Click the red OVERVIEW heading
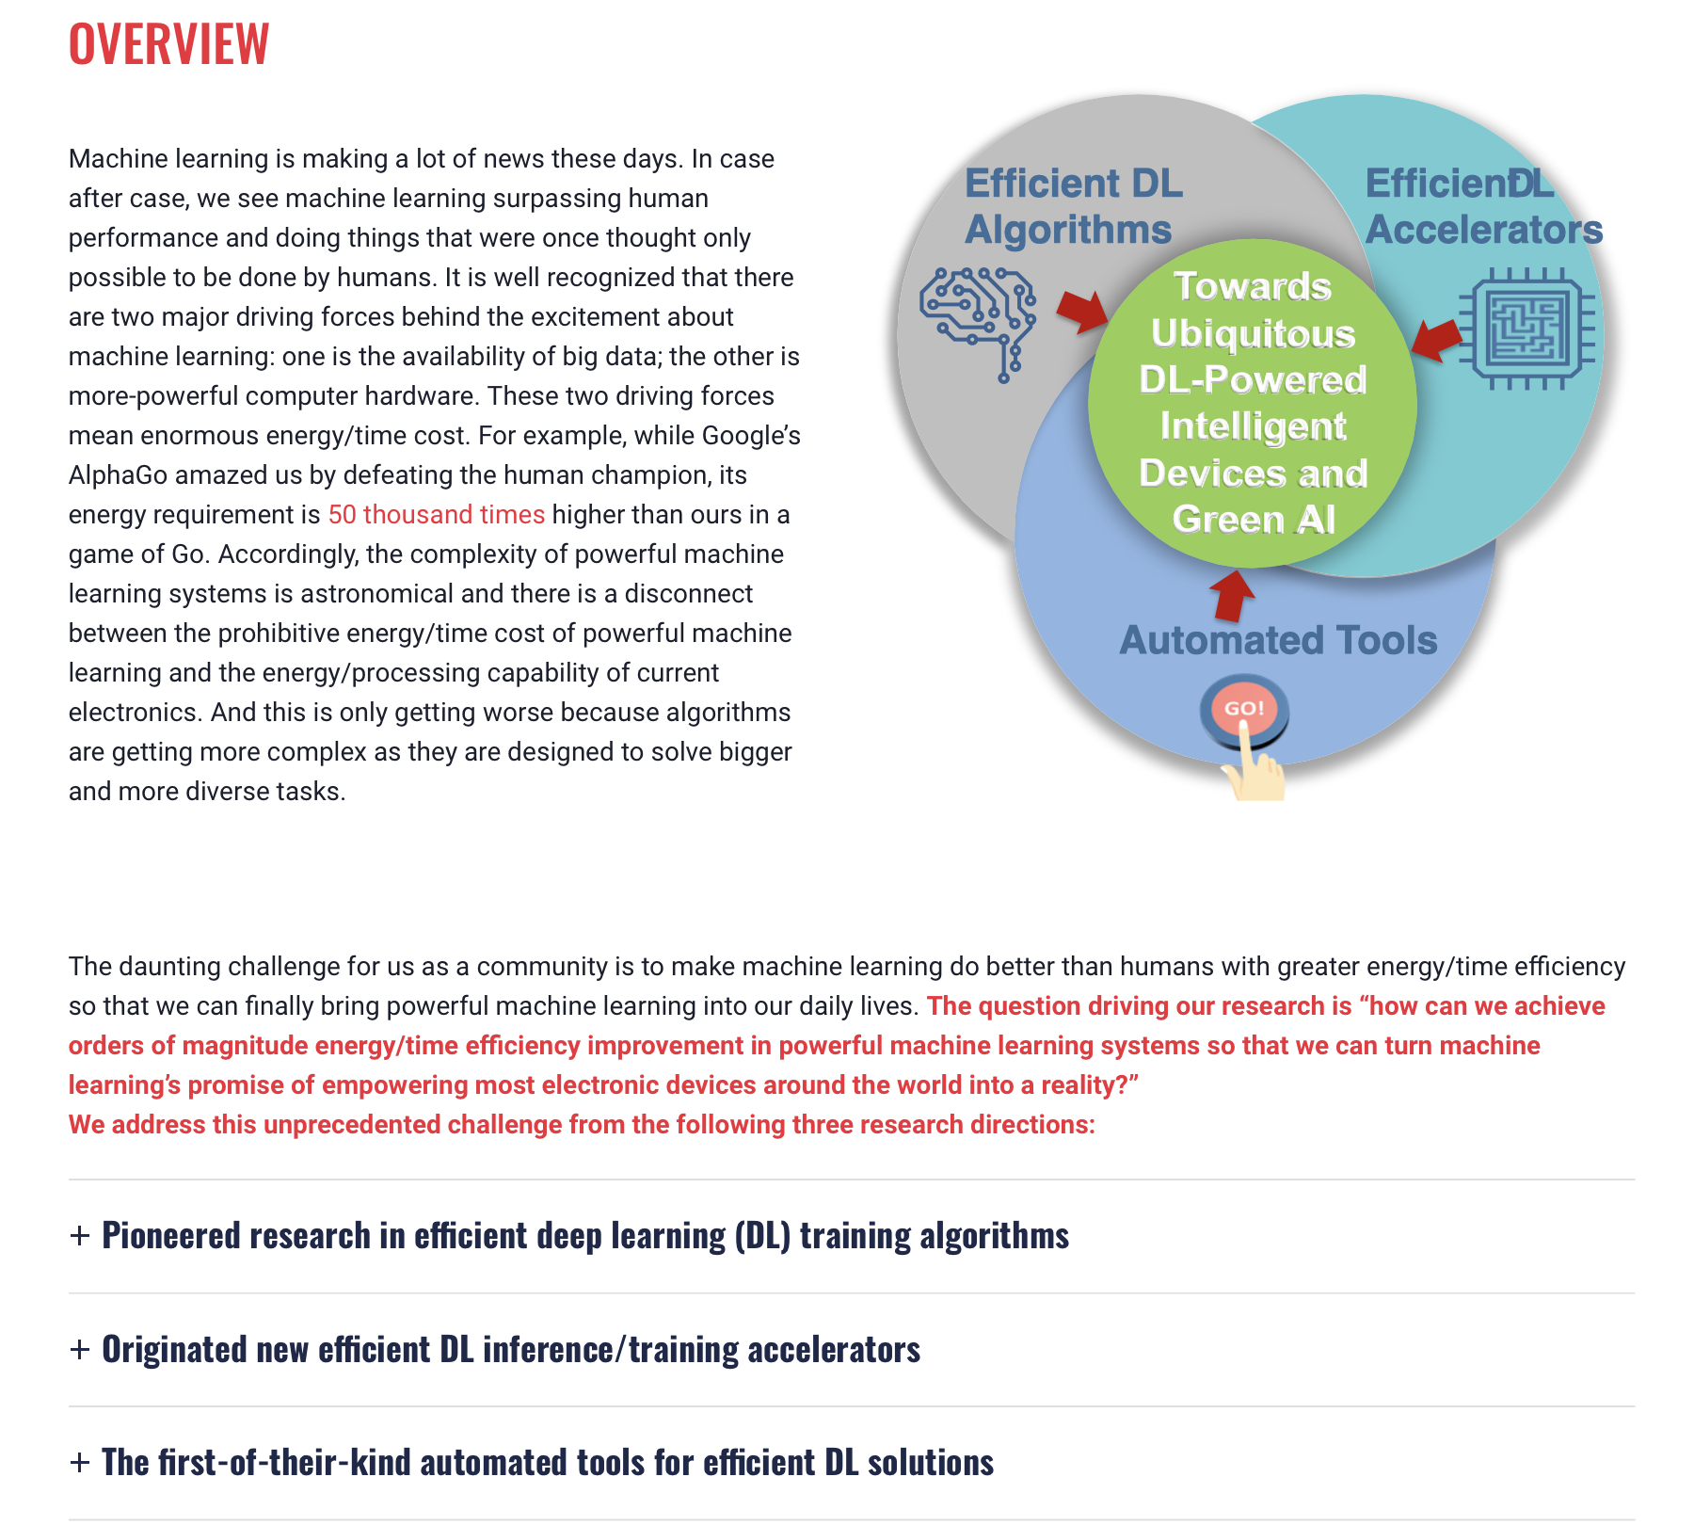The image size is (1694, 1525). pyautogui.click(x=169, y=43)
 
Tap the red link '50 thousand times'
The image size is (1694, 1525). pyautogui.click(x=436, y=514)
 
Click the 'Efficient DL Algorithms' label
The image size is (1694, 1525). pyautogui.click(x=1073, y=206)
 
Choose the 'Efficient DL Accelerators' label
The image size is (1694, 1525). pyautogui.click(x=1483, y=206)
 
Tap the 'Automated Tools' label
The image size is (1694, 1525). pyautogui.click(x=1278, y=640)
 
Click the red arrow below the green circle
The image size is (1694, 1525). pyautogui.click(x=1232, y=596)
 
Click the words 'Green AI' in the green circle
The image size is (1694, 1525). pyautogui.click(x=1254, y=519)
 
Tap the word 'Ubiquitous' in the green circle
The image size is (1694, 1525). pyautogui.click(x=1253, y=333)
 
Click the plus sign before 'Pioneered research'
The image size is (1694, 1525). pyautogui.click(x=80, y=1235)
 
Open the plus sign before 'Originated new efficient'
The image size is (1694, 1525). pyautogui.click(x=80, y=1349)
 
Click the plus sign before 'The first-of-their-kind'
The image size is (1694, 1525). pyautogui.click(x=80, y=1462)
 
